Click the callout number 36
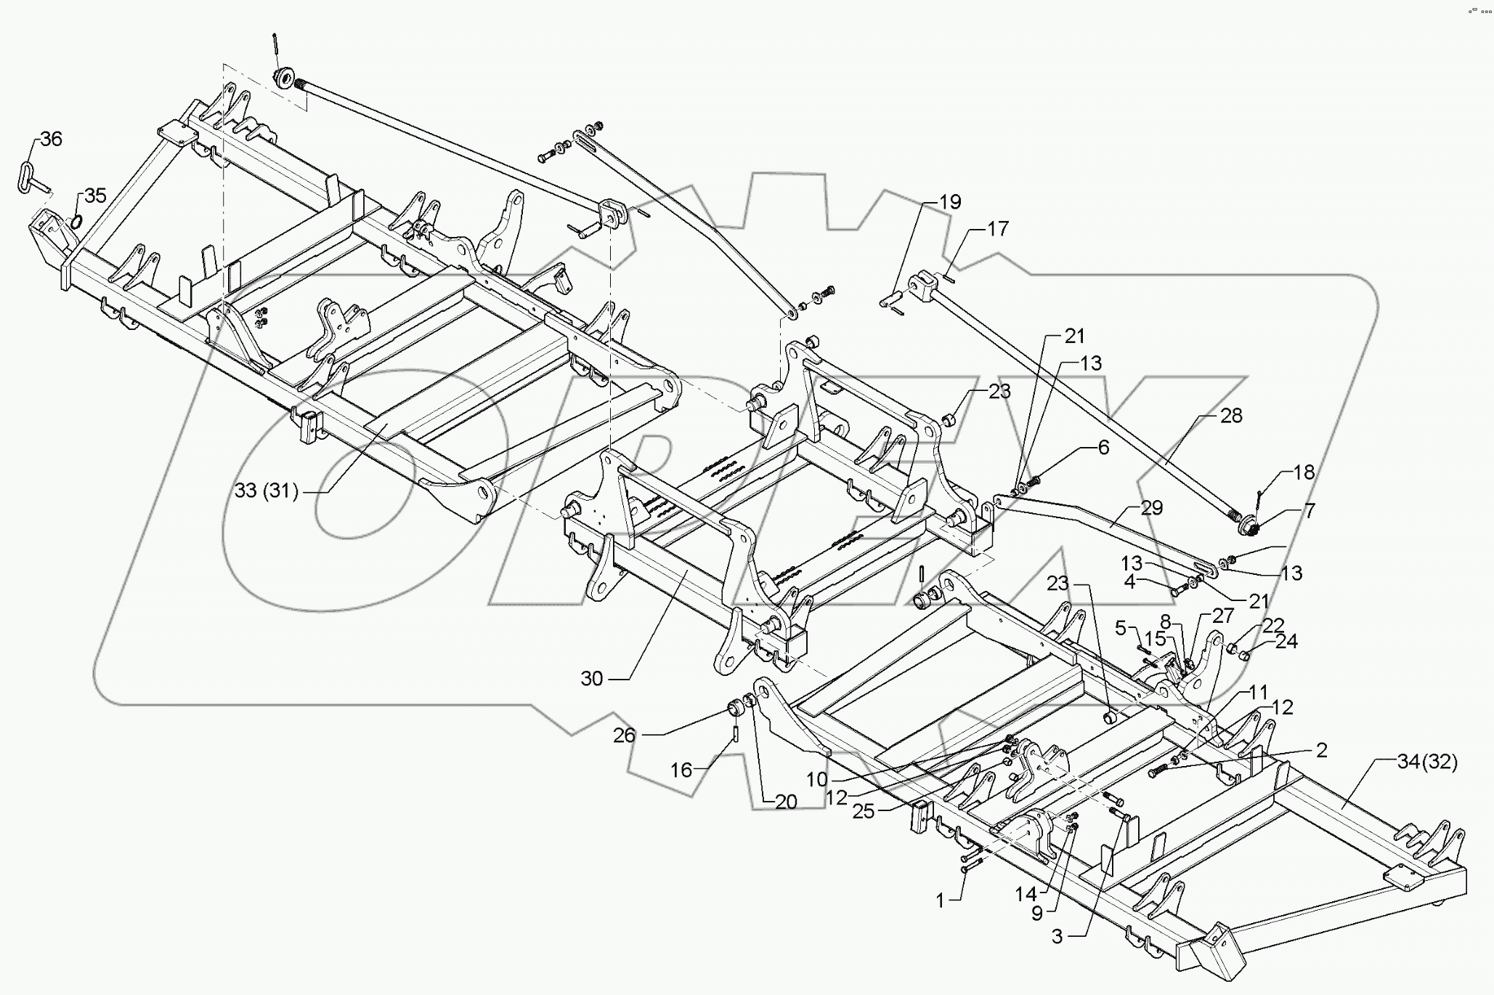pos(51,139)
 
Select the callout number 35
pos(95,195)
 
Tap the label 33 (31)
pos(267,491)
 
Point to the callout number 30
pos(592,678)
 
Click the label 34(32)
pos(1427,762)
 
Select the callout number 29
pos(1151,507)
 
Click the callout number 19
pos(950,201)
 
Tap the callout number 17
pos(998,228)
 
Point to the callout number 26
pos(624,735)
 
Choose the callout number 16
pos(681,770)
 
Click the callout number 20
pos(786,802)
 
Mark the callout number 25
pos(863,811)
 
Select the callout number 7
pos(1309,511)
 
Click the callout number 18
pos(1304,472)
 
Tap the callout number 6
pos(1103,448)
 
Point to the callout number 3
pos(1057,937)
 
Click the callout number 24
pos(1286,641)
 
